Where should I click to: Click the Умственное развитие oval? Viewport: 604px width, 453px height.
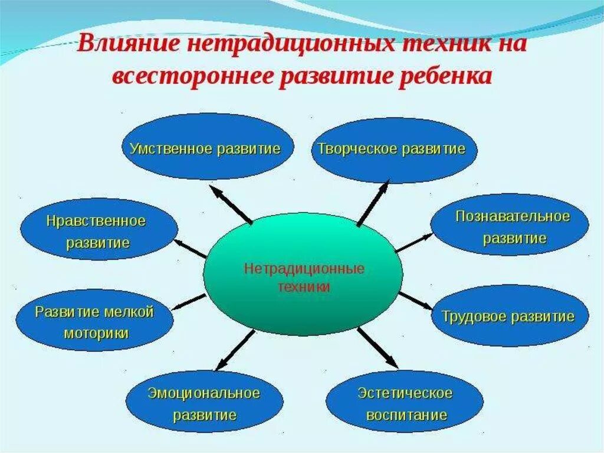[204, 147]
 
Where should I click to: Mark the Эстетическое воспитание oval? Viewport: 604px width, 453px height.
[405, 403]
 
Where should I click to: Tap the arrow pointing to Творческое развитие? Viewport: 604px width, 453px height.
[373, 203]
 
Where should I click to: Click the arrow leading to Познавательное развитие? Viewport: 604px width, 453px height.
[414, 243]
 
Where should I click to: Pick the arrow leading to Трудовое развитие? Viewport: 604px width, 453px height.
[416, 300]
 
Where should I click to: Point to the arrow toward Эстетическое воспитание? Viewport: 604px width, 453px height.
[377, 347]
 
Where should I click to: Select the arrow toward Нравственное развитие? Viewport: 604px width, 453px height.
[190, 248]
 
